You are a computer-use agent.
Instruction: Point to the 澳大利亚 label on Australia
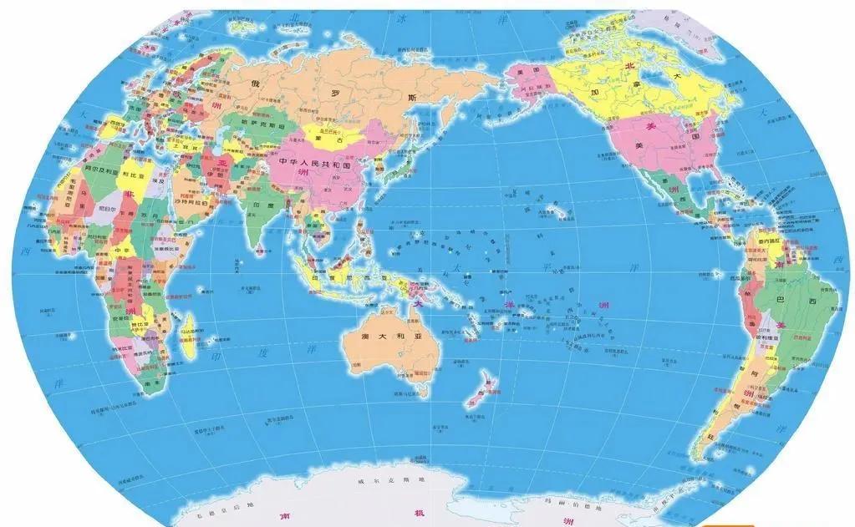click(390, 336)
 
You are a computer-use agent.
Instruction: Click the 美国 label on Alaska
click(526, 73)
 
